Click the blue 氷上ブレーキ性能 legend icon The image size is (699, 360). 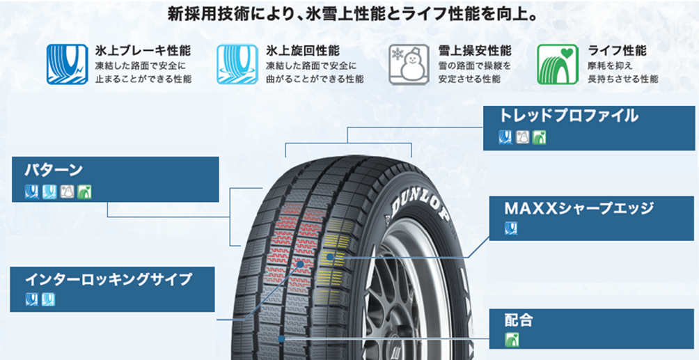pos(68,64)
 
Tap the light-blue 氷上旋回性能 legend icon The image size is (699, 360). pos(237,64)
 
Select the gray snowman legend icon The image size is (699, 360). pos(409,64)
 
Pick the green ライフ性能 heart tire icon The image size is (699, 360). pos(558,64)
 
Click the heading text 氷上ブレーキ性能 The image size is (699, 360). pos(143,50)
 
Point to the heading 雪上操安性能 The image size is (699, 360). pos(474,50)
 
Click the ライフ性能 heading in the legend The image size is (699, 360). pos(617,50)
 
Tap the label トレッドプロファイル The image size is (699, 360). pos(568,116)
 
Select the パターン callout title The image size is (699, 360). pos(54,170)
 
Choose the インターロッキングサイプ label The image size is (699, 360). pos(109,279)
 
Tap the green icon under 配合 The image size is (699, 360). pos(512,340)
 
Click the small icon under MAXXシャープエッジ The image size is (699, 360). pos(511,228)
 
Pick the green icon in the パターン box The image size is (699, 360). pos(84,191)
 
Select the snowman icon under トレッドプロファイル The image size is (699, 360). pos(522,137)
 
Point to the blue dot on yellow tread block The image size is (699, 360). pos(329,258)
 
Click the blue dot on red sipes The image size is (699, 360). pos(301,264)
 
